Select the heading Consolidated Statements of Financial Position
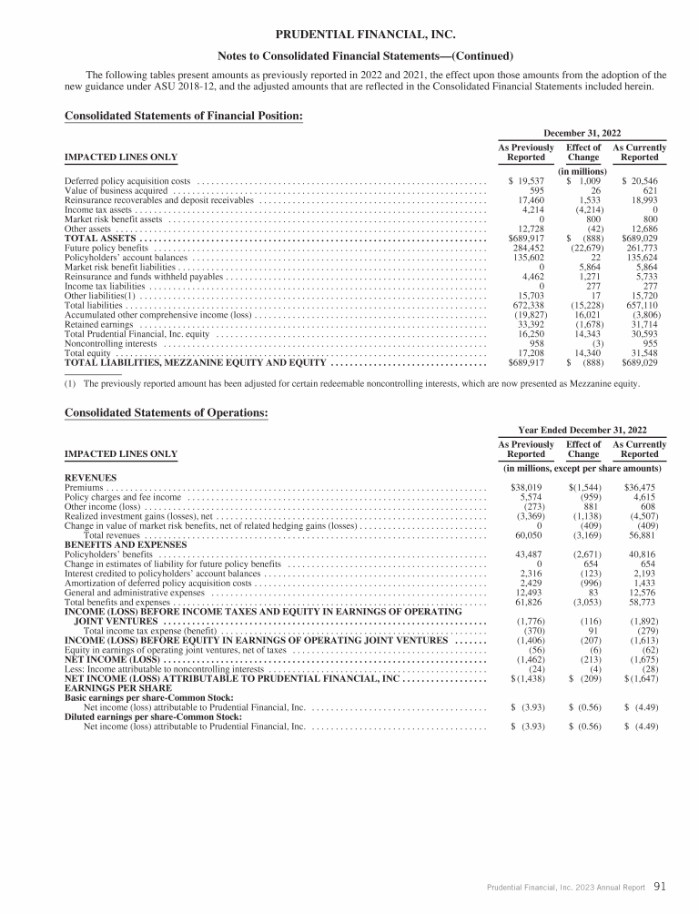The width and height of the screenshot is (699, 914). [x=184, y=116]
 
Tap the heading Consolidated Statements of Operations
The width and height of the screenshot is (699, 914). [x=167, y=412]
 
